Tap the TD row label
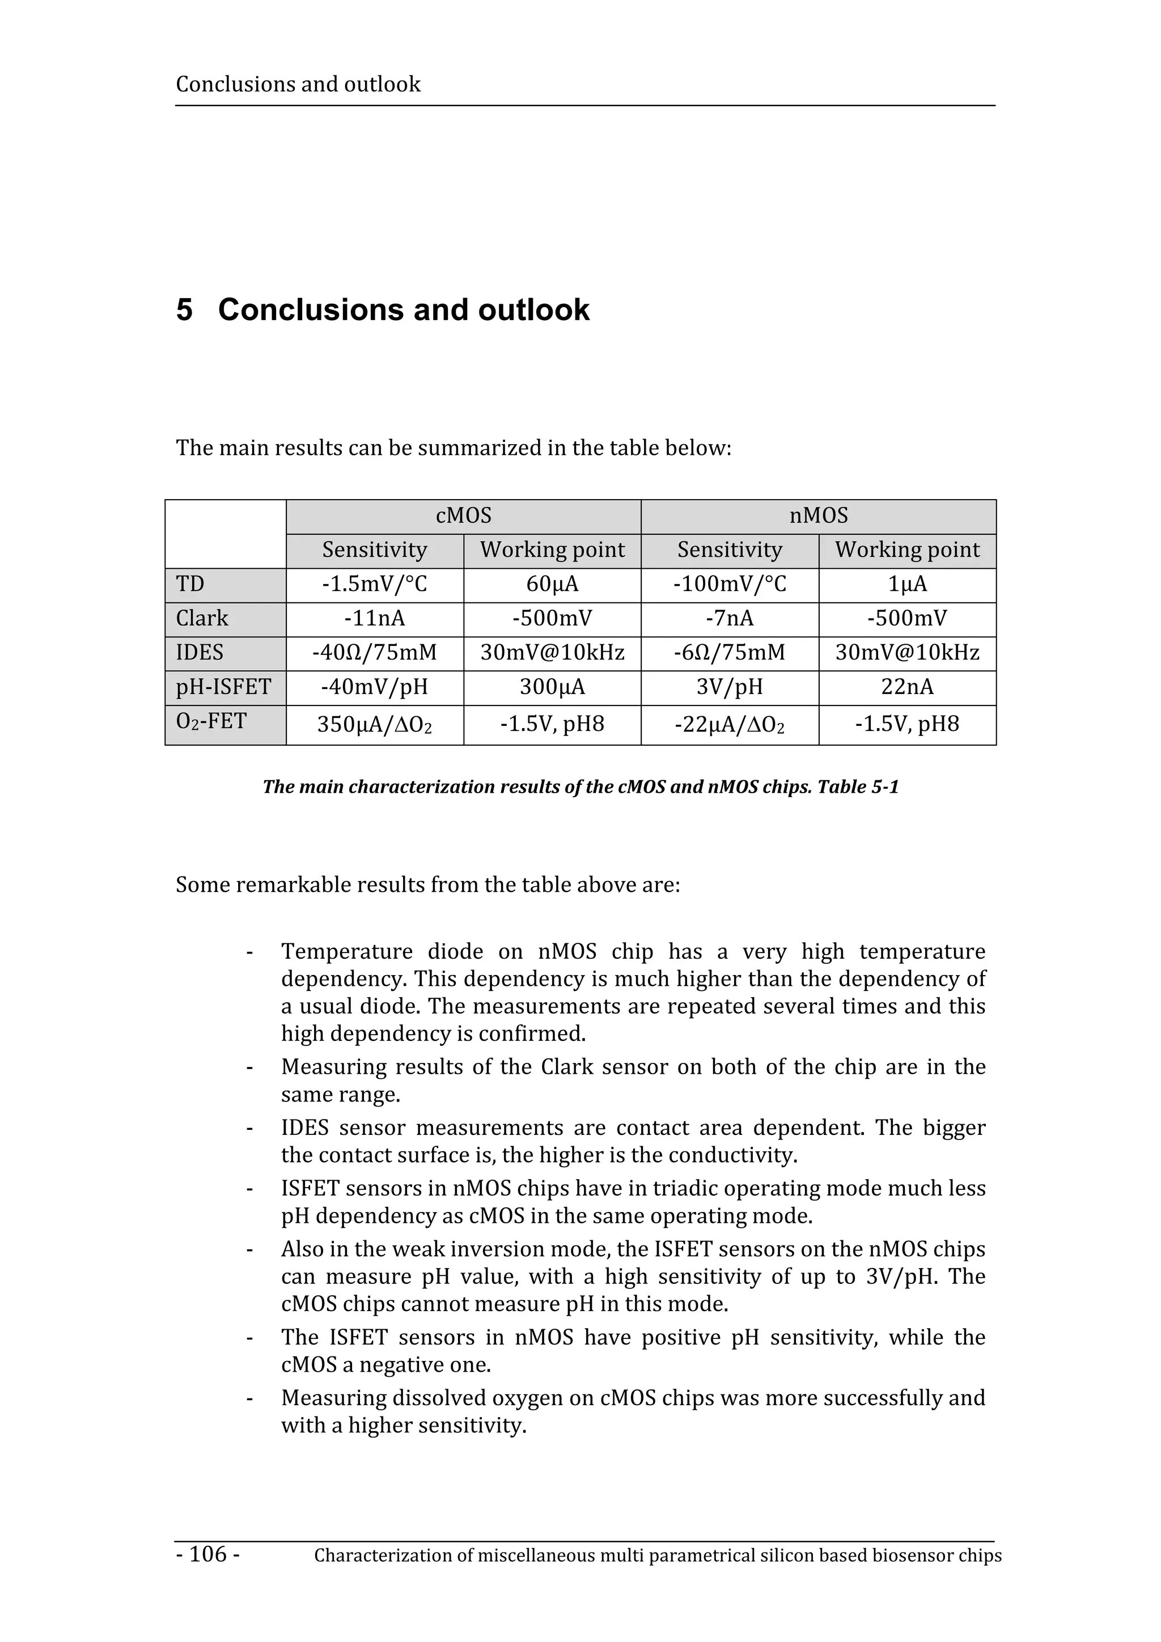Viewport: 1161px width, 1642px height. [x=190, y=584]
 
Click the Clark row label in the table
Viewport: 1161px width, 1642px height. [x=202, y=619]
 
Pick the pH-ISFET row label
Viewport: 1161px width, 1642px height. [x=223, y=687]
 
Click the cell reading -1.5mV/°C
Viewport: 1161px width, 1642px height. [x=374, y=584]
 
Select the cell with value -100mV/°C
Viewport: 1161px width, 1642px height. [x=729, y=584]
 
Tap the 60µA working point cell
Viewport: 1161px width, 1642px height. [x=552, y=584]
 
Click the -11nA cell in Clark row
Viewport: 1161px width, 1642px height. [x=374, y=619]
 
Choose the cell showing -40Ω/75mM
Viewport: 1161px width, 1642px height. [x=374, y=653]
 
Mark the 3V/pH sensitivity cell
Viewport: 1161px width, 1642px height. [x=729, y=687]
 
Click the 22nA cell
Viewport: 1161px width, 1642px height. [x=907, y=687]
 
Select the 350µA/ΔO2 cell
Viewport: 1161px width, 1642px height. [x=374, y=725]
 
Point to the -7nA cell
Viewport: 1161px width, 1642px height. [x=729, y=619]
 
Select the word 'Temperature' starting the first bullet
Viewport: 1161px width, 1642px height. [x=346, y=952]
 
